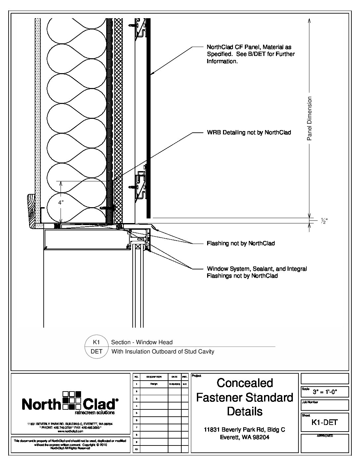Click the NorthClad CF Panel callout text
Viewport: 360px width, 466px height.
(250, 54)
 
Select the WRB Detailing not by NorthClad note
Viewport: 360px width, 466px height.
(249, 133)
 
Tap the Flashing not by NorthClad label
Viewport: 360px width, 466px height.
(241, 244)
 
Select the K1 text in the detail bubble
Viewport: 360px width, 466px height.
(96, 342)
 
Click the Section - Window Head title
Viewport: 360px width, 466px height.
(142, 342)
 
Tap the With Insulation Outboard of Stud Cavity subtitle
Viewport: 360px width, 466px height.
(163, 351)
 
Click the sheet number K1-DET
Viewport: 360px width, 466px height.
(325, 422)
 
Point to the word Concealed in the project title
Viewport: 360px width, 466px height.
(245, 383)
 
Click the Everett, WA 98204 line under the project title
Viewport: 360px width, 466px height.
(245, 437)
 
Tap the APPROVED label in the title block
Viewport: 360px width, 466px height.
(325, 436)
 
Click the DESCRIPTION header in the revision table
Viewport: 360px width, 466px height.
(154, 377)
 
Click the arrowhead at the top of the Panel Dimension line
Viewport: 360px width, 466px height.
(309, 21)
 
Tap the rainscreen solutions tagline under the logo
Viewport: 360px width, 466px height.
(95, 413)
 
